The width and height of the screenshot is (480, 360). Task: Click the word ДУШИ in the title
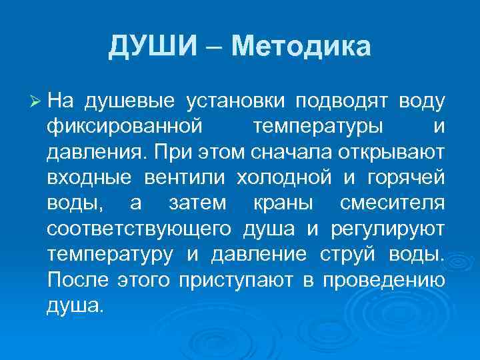pyautogui.click(x=153, y=47)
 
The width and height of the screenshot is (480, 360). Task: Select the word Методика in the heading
pyautogui.click(x=301, y=47)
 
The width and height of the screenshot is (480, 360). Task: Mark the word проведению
pyautogui.click(x=384, y=281)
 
